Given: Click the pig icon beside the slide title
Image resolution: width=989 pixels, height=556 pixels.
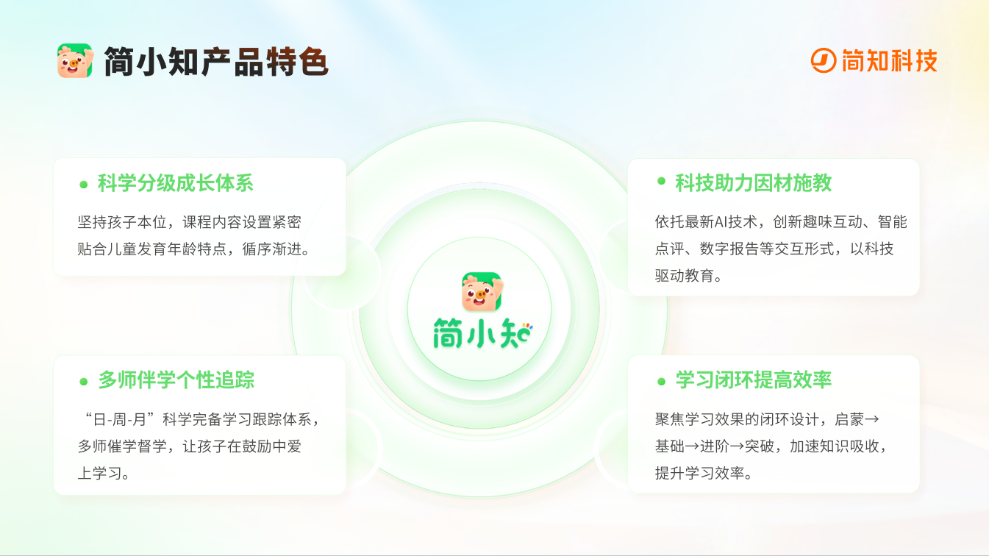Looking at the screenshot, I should tap(75, 61).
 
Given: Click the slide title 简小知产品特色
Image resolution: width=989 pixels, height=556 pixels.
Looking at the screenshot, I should tap(215, 62).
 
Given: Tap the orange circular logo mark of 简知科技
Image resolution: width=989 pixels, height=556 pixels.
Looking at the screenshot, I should tap(824, 61).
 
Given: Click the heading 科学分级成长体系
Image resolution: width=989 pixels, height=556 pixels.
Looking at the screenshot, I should tap(176, 183).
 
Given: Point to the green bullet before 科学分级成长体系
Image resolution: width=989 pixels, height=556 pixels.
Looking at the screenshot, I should tap(83, 184).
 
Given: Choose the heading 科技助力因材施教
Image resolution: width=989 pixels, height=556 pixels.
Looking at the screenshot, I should tap(753, 182).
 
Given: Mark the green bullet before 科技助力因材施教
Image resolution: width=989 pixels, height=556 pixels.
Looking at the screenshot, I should tap(661, 181).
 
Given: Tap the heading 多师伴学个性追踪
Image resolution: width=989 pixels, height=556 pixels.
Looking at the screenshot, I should tap(176, 380).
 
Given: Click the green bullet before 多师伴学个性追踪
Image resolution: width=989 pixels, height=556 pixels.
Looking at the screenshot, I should tap(83, 381).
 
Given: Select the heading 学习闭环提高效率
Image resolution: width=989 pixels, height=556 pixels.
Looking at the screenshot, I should tap(753, 380).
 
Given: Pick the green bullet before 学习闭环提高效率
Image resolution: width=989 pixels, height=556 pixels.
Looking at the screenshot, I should tap(661, 380).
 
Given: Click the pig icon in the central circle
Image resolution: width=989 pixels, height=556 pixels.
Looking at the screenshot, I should tap(481, 291).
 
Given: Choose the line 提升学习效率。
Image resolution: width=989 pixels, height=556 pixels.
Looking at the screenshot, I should tap(704, 473).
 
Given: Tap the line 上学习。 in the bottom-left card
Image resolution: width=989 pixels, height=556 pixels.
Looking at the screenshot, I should tap(104, 473).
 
